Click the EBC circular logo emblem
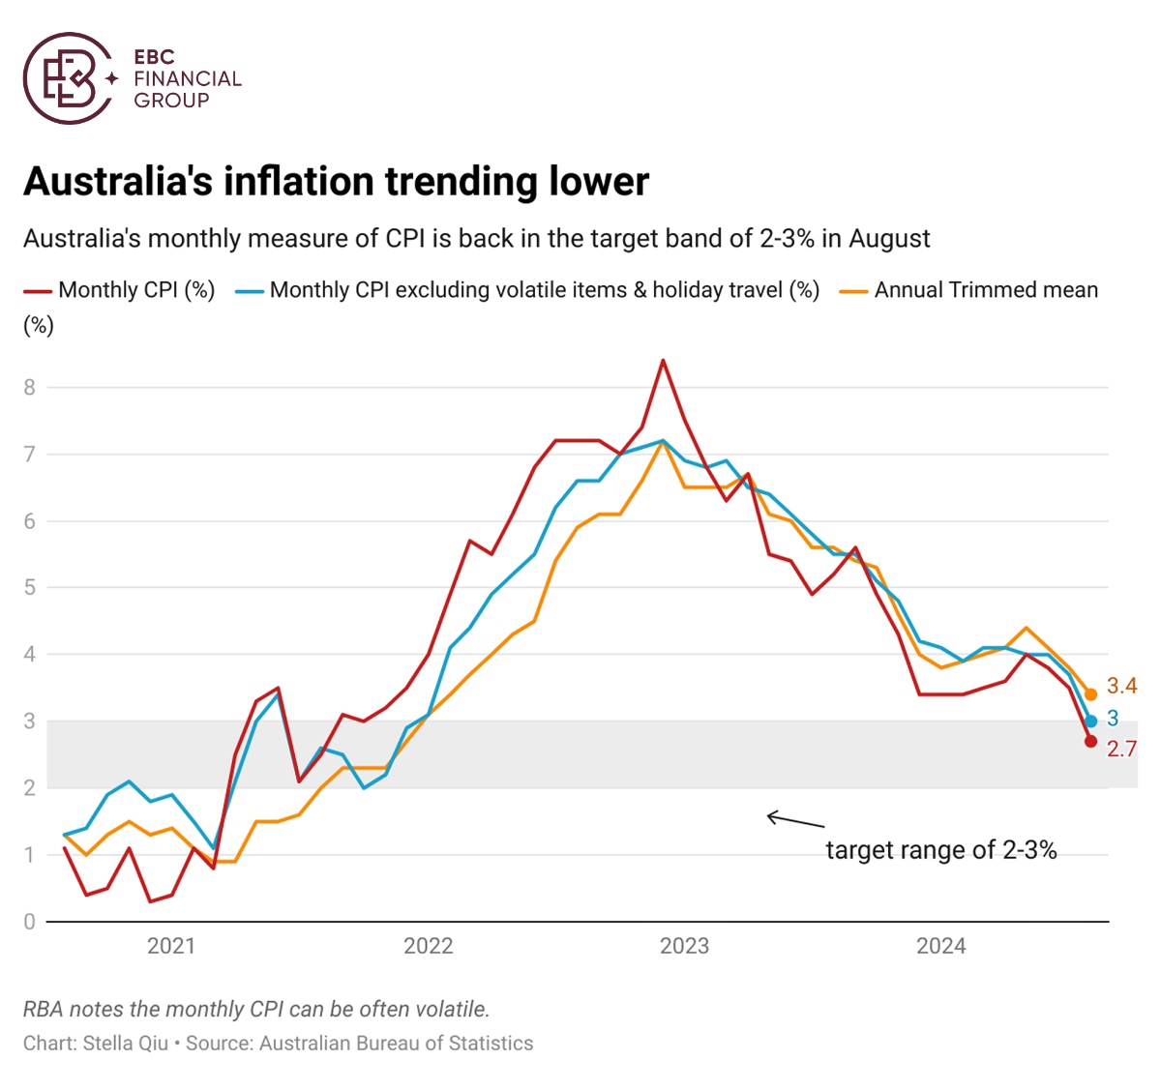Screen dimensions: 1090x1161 69,78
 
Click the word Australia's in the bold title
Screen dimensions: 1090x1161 117,182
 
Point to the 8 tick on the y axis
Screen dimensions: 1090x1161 30,388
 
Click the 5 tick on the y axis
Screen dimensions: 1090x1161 30,588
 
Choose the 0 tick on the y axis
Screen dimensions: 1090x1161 30,922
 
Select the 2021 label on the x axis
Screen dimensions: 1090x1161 171,946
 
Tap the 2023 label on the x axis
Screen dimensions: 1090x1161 684,946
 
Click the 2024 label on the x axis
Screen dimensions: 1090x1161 941,946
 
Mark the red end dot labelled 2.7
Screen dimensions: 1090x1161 1091,741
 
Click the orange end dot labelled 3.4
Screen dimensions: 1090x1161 1091,694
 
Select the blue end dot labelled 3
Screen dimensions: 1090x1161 1091,721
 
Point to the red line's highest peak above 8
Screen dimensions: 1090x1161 663,361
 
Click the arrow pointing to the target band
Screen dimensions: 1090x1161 794,821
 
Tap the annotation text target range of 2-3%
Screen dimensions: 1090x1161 940,850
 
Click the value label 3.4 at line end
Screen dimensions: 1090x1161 1122,687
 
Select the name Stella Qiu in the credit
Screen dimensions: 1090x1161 126,1044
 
